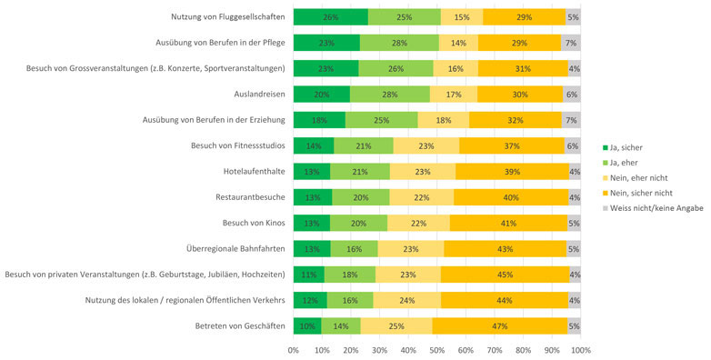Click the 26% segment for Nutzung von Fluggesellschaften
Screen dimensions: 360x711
(x=331, y=16)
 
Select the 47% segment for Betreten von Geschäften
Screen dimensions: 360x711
(x=499, y=325)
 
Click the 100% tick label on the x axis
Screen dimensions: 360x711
(x=579, y=349)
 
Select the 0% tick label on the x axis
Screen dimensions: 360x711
(x=294, y=349)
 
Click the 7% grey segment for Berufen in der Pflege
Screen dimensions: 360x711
(x=570, y=42)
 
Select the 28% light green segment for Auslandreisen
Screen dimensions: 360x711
(x=391, y=94)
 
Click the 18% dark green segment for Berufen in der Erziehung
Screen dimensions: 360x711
(x=319, y=119)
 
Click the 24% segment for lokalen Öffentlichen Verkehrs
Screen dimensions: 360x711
(x=407, y=300)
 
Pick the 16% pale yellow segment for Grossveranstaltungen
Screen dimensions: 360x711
(x=456, y=68)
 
